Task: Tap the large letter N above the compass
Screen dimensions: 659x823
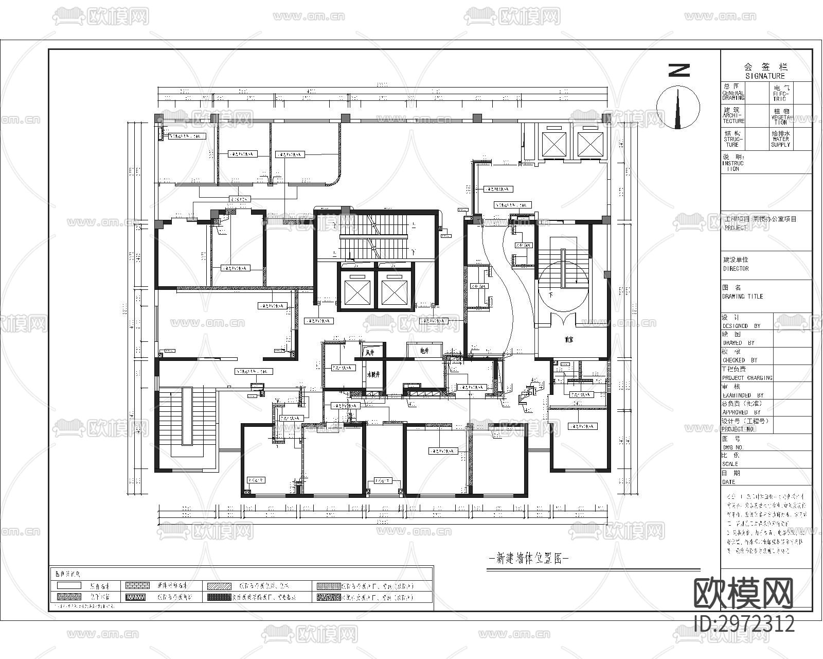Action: (x=679, y=70)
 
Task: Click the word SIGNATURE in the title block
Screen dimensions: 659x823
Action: (x=765, y=76)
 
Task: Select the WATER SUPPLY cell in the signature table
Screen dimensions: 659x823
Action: (x=780, y=139)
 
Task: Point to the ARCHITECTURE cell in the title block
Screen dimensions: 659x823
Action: (x=733, y=115)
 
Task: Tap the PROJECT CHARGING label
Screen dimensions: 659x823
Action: (x=747, y=377)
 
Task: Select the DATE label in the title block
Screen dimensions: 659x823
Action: (x=729, y=482)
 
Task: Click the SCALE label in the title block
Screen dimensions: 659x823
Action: (x=730, y=464)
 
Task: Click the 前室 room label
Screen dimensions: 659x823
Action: (x=568, y=340)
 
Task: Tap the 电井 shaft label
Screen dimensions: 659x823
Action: (x=424, y=351)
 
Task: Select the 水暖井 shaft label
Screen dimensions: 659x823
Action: (x=373, y=374)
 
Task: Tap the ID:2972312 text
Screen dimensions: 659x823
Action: (x=744, y=624)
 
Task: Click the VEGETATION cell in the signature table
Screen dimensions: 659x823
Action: (x=780, y=115)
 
